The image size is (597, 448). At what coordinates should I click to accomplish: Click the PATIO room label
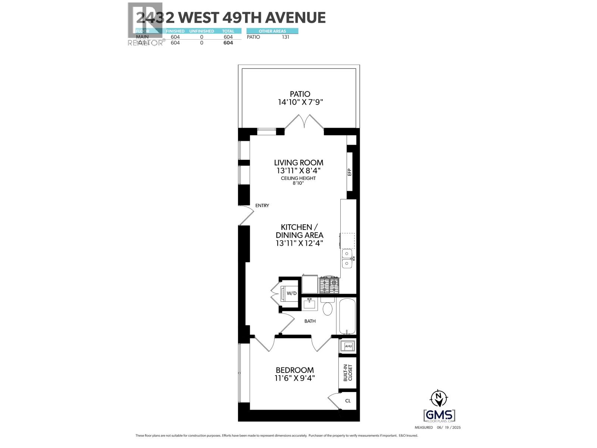(300, 94)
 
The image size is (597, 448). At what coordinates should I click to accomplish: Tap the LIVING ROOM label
(298, 163)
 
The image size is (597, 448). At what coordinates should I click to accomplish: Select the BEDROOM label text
(295, 370)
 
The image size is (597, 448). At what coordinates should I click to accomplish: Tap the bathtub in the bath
(346, 316)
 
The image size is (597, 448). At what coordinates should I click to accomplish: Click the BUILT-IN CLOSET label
(348, 373)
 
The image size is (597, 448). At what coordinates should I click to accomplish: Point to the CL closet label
(348, 401)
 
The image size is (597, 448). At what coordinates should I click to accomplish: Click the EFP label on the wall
(350, 172)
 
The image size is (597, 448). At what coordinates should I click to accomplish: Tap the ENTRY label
(262, 206)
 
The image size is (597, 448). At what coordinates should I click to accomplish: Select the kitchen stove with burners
(329, 285)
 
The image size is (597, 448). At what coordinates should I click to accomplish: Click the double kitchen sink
(347, 259)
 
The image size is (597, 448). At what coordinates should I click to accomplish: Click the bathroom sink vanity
(310, 304)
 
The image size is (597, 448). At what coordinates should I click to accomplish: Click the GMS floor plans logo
(439, 416)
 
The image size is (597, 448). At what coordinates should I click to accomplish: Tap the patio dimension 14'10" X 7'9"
(300, 102)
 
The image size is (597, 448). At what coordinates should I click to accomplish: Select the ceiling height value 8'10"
(298, 183)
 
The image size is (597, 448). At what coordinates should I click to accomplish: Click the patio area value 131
(285, 37)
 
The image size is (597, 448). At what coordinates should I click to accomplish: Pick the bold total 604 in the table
(228, 43)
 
